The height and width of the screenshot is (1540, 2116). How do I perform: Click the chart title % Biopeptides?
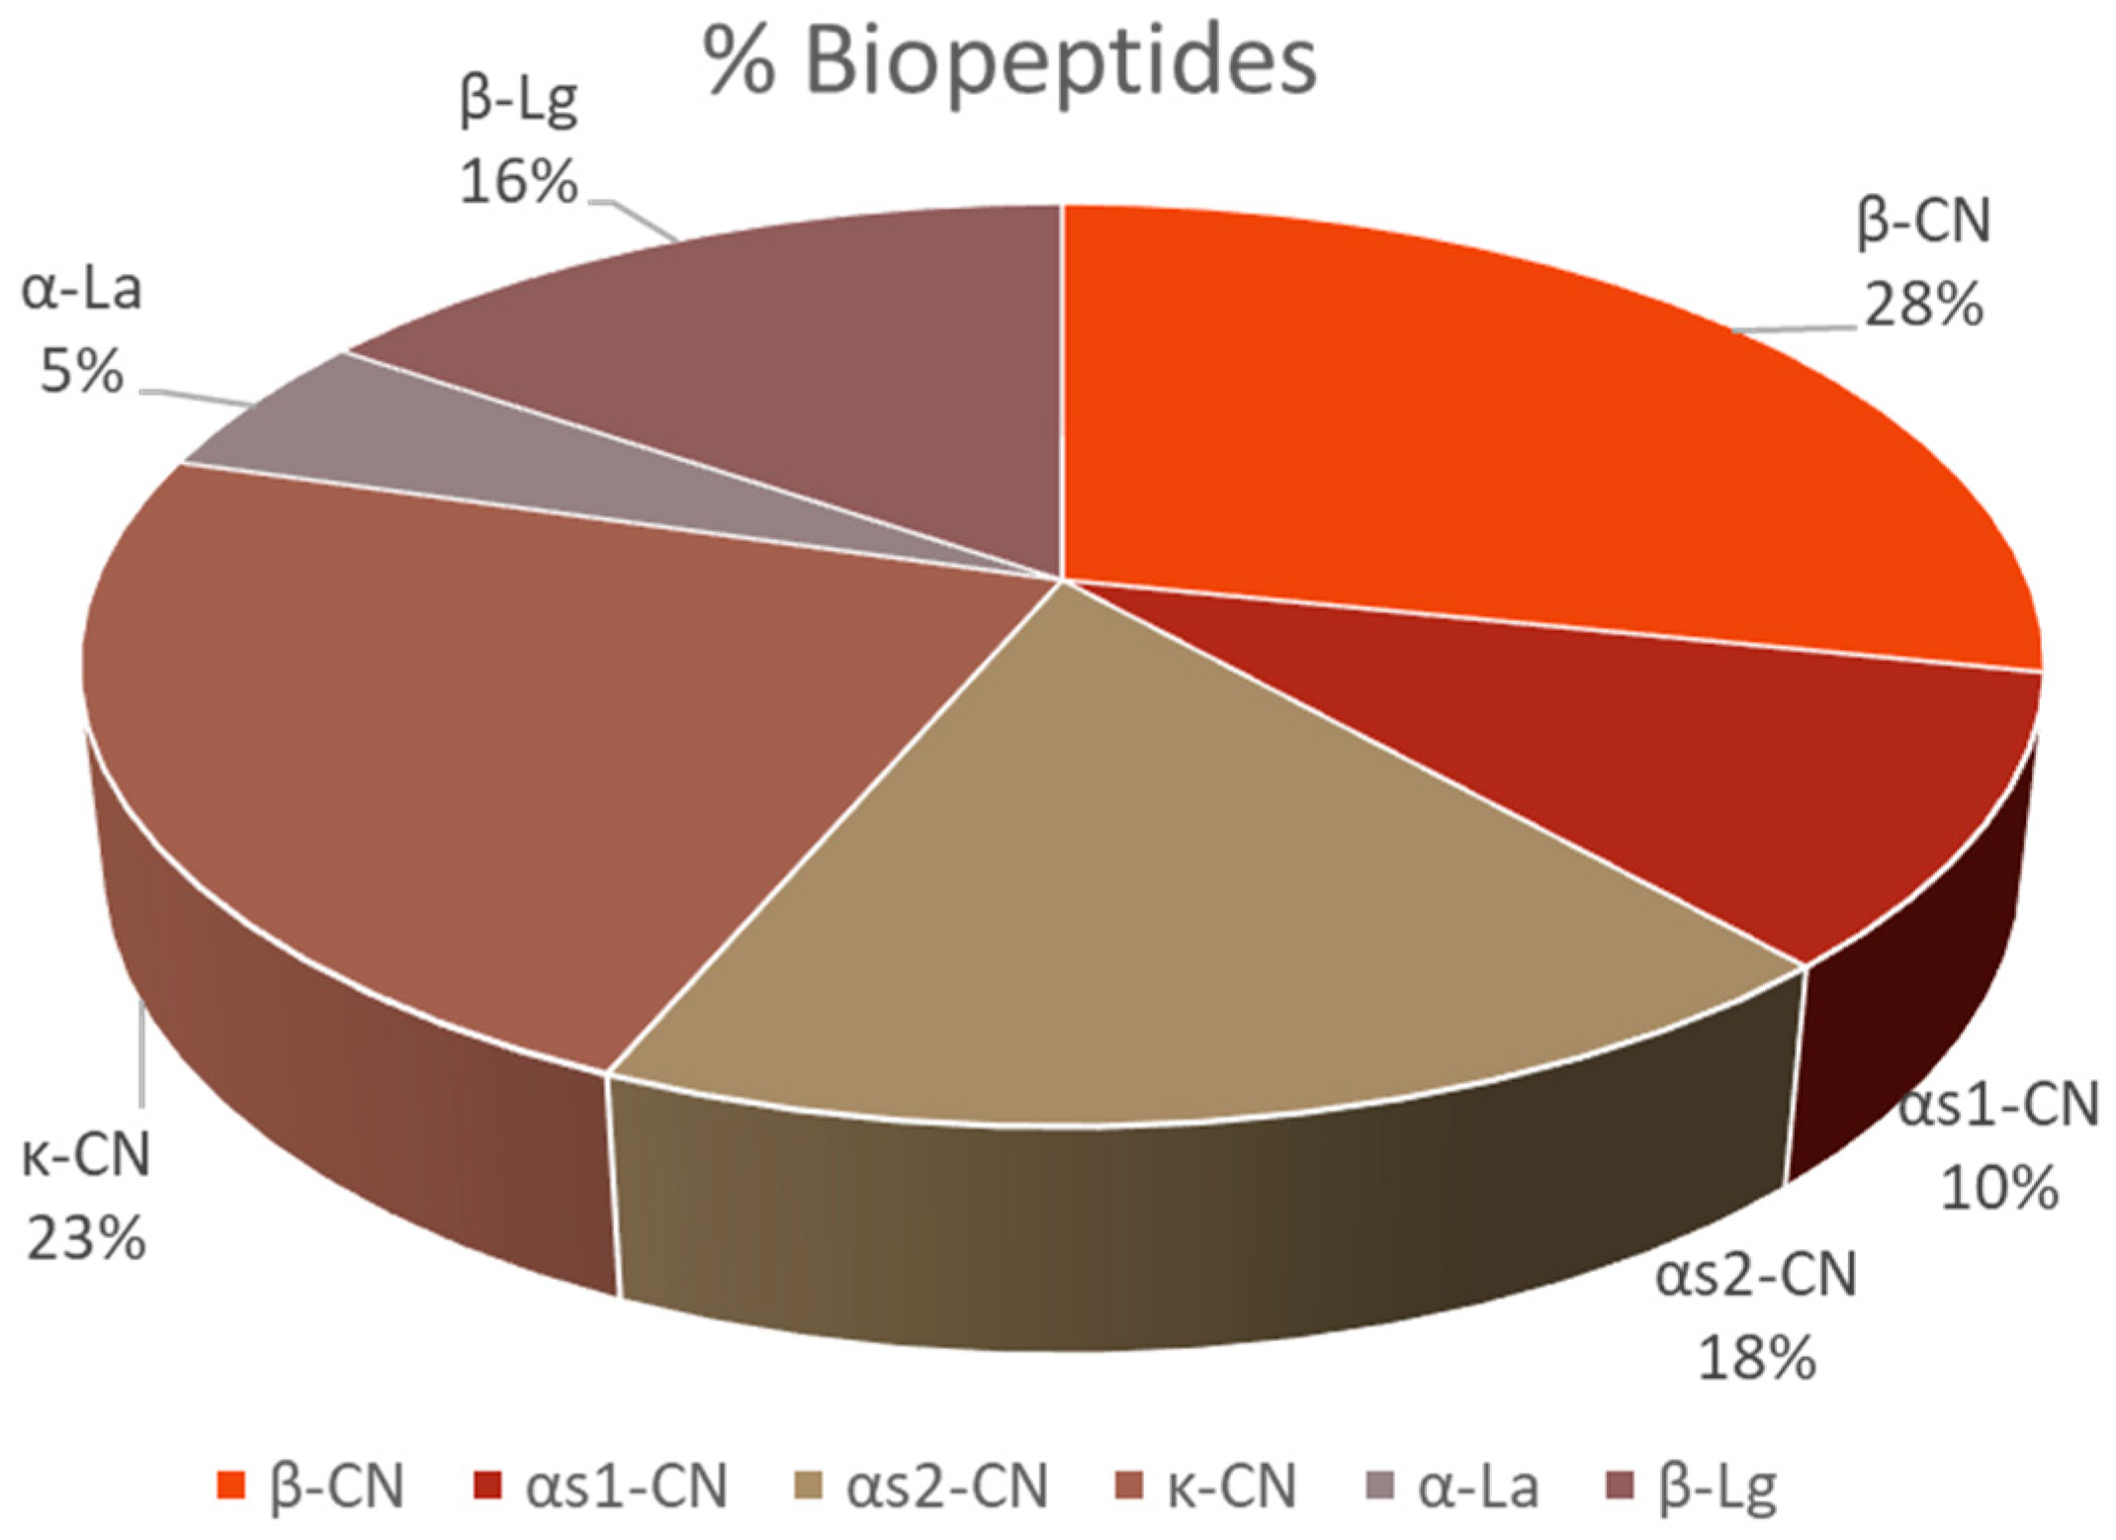1009,61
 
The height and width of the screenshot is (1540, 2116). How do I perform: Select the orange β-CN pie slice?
1483,425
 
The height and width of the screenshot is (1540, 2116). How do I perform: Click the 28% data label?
1923,305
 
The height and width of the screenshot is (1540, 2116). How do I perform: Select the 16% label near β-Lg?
518,183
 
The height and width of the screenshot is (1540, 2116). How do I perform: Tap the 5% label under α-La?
81,373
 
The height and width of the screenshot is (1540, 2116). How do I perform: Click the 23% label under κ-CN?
86,1238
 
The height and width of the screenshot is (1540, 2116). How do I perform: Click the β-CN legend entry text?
336,1487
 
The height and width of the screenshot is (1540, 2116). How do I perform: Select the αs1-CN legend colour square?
487,1486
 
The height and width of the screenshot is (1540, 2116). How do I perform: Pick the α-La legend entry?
1478,1487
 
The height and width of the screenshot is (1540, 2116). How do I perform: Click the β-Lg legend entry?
1717,1487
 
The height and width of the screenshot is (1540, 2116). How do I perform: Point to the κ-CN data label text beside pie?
86,1154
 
